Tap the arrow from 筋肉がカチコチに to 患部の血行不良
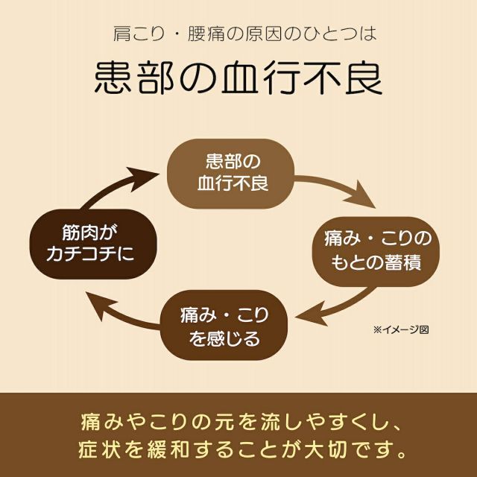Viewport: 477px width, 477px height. (112, 183)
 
